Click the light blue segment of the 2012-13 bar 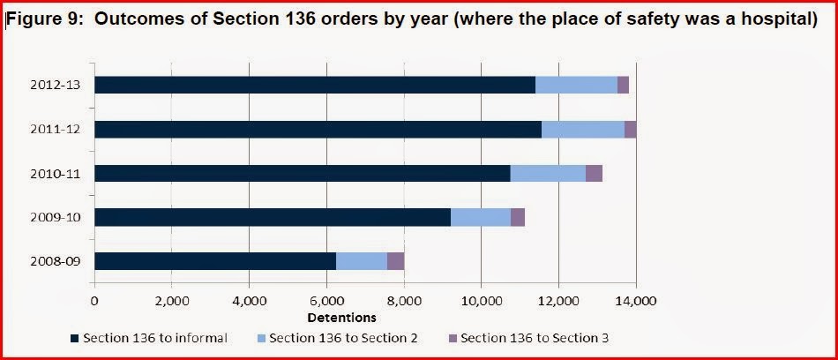coord(576,85)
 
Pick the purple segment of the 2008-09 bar coord(395,261)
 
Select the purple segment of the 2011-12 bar coord(630,129)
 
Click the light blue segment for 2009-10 coord(480,217)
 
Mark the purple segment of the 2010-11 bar coord(594,173)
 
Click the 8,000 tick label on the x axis coord(403,300)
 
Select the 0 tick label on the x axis coord(94,300)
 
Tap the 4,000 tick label coord(249,300)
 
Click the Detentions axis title coord(341,317)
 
